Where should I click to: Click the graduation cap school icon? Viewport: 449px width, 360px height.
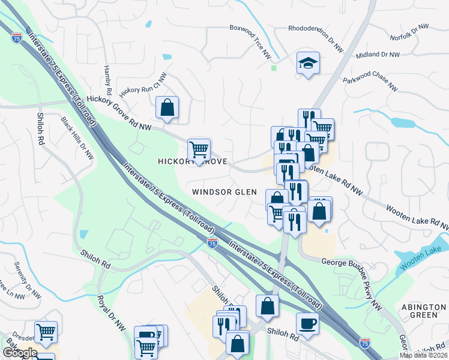[308, 62]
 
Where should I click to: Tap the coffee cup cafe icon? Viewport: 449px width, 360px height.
[307, 323]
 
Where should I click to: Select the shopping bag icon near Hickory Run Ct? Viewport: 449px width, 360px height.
[167, 108]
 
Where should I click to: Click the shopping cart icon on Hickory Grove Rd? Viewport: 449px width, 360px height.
[199, 149]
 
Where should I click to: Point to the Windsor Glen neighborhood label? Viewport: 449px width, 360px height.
[224, 192]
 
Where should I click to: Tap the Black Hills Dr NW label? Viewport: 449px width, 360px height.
[77, 138]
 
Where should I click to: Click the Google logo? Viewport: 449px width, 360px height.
[20, 353]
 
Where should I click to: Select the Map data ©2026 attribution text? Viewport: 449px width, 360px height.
[424, 355]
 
